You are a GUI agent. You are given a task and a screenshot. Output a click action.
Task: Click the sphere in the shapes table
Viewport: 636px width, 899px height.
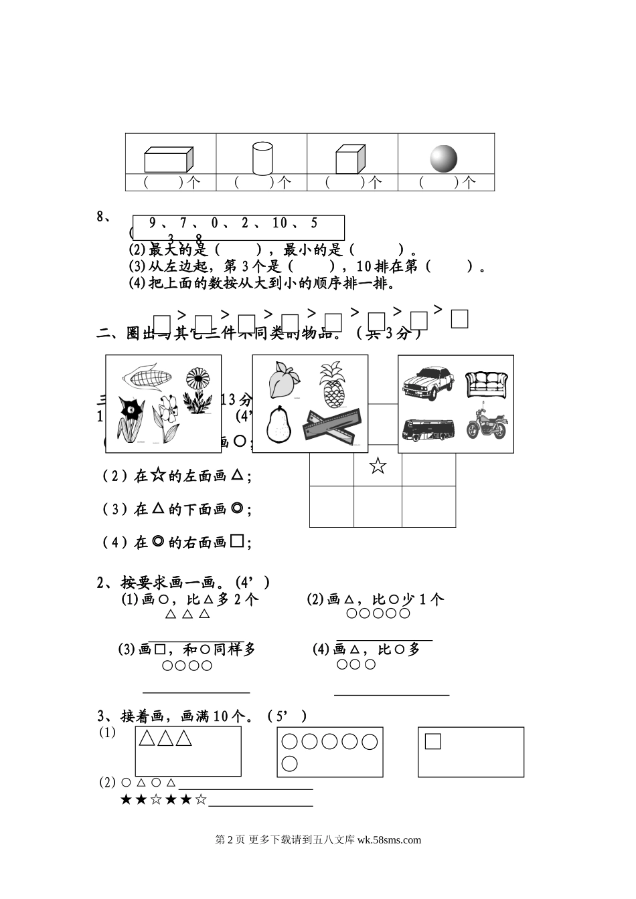pyautogui.click(x=443, y=159)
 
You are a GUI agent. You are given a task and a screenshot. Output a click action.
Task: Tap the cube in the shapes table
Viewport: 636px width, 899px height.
pyautogui.click(x=351, y=159)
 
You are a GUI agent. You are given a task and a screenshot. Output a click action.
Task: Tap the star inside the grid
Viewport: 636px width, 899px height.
pyautogui.click(x=378, y=466)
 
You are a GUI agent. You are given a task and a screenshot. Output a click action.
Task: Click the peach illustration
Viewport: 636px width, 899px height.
pyautogui.click(x=280, y=380)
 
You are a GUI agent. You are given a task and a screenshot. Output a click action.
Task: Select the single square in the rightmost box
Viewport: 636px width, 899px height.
pyautogui.click(x=432, y=741)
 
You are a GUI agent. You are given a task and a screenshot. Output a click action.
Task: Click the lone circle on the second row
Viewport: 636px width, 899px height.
pyautogui.click(x=289, y=763)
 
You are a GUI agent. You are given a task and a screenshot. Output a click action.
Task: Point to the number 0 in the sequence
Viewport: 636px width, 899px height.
pyautogui.click(x=215, y=223)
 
